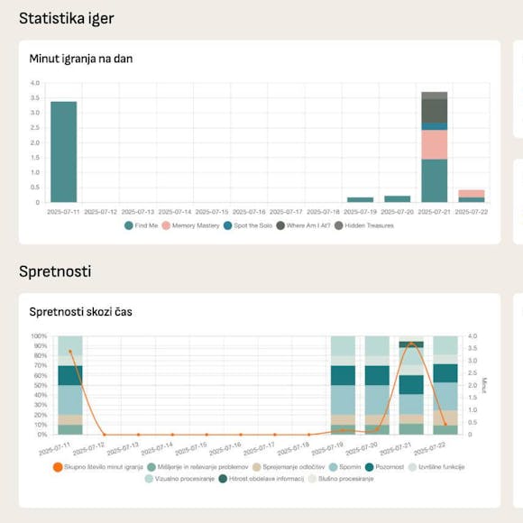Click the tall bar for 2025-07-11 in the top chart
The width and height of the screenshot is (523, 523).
(63, 151)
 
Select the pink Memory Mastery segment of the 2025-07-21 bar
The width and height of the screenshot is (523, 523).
(435, 144)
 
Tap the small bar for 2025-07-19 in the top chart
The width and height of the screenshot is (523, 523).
(360, 199)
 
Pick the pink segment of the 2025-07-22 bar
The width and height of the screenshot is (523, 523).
(471, 193)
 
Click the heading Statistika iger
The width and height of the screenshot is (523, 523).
(66, 18)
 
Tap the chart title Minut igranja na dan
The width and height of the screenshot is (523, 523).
(81, 59)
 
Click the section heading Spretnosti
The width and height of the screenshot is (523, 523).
(55, 271)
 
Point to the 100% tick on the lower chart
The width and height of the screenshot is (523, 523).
(40, 336)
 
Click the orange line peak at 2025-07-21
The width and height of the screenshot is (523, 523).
(411, 344)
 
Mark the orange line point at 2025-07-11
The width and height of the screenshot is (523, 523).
(69, 352)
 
